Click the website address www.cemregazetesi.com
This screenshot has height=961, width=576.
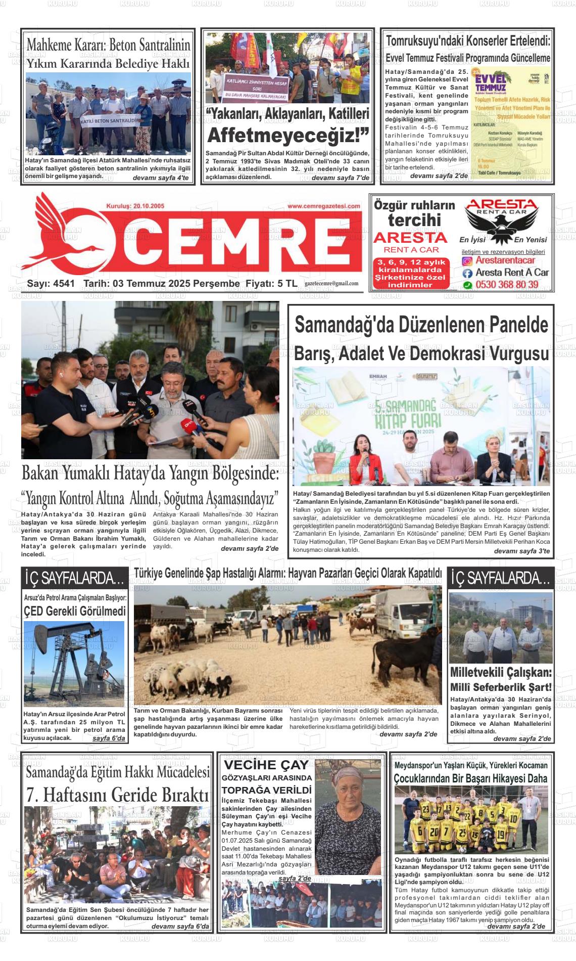(324, 206)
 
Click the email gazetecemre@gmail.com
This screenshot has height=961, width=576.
(331, 284)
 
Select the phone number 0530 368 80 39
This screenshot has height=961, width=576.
(507, 285)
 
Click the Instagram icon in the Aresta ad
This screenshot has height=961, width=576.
(467, 261)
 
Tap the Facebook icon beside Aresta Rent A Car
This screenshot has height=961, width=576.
(467, 273)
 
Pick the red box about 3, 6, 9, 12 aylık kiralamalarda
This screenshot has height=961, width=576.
(411, 274)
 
